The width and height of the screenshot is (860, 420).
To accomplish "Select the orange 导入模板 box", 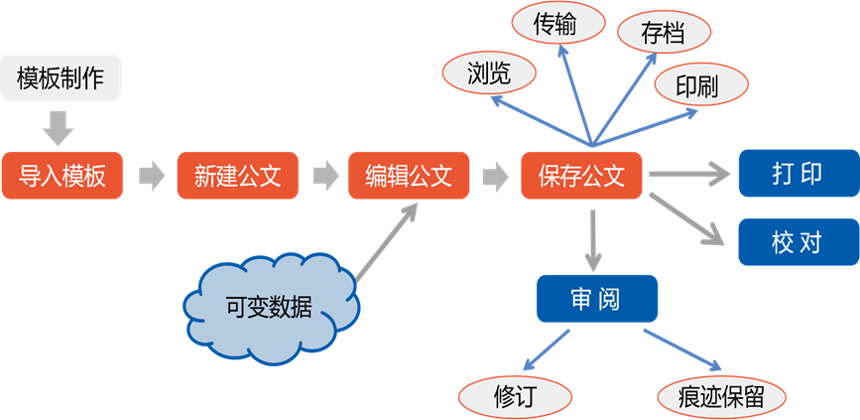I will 61,177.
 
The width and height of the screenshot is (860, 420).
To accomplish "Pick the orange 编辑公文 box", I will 409,177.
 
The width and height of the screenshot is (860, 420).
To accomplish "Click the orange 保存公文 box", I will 582,177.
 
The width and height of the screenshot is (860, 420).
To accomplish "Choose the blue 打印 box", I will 798,174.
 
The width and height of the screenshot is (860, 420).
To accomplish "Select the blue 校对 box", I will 798,241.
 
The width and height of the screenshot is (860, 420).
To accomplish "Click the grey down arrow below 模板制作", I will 60,125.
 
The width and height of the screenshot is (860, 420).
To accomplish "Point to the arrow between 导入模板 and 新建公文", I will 151,177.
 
